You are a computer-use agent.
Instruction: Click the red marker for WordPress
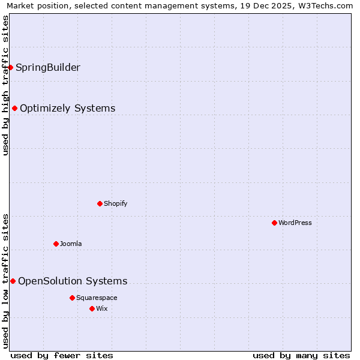(274, 223)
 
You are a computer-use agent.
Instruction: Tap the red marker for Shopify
(100, 203)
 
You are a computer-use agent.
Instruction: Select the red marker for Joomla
(56, 244)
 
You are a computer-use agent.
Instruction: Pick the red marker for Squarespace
(72, 298)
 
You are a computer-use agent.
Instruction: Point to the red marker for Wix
(92, 308)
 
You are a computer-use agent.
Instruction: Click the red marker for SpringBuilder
(10, 67)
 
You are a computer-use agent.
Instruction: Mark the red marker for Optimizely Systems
(14, 108)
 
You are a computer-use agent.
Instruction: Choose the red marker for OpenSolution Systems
(13, 281)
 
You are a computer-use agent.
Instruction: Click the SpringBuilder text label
(48, 67)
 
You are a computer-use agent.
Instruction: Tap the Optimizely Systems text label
(68, 108)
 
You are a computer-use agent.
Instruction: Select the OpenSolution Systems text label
(73, 281)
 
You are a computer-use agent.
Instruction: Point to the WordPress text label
(295, 223)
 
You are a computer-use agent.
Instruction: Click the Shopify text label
(116, 203)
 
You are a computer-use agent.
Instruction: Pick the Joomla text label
(71, 244)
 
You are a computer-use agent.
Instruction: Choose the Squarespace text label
(97, 298)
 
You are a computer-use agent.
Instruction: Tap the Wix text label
(102, 308)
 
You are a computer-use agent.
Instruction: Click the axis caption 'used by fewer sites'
(62, 355)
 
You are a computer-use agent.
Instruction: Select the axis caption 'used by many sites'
(301, 355)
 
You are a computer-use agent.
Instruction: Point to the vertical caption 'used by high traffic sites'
(6, 85)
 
